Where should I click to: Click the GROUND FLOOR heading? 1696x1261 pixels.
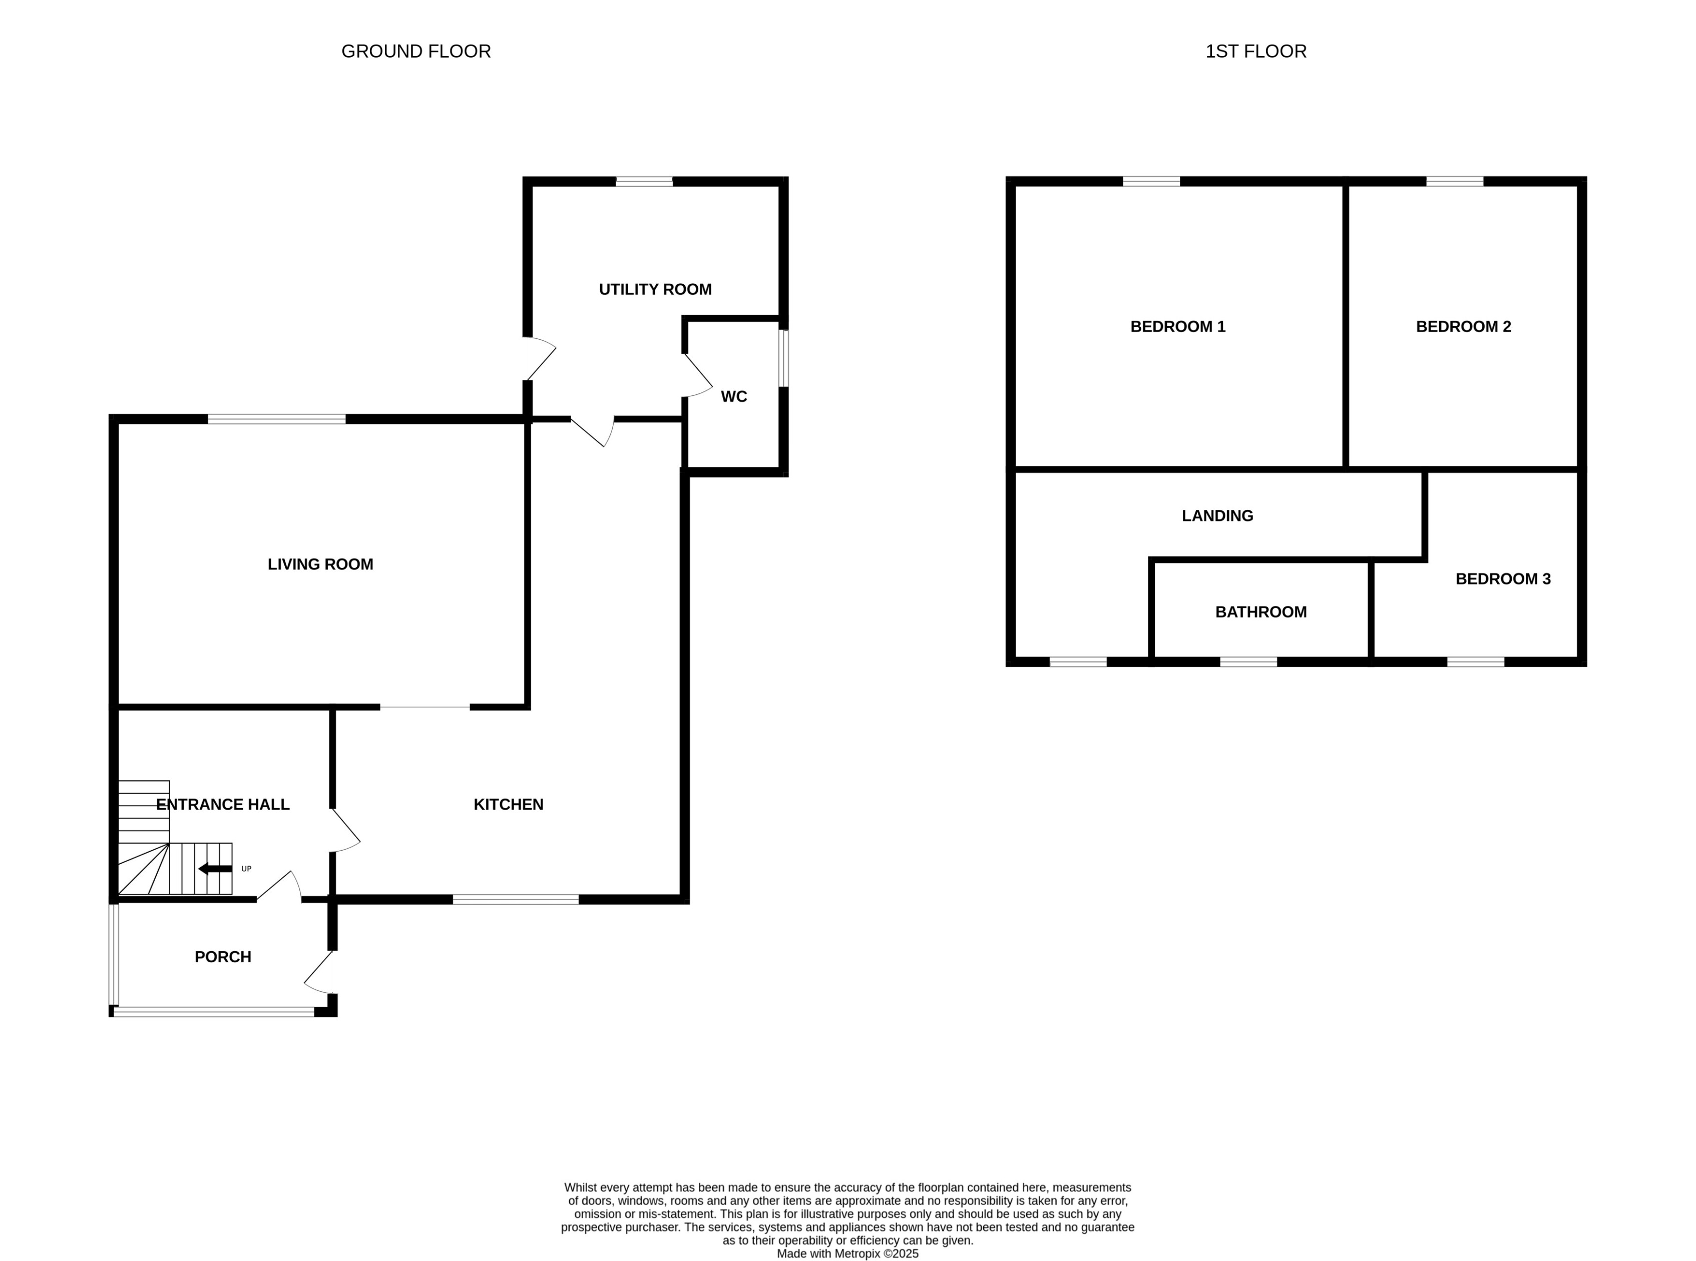point(415,51)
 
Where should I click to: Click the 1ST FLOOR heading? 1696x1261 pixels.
point(1255,51)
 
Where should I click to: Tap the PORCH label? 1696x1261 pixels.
point(222,956)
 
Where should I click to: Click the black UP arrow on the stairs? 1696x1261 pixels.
point(215,869)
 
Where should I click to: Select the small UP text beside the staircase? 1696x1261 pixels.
point(246,869)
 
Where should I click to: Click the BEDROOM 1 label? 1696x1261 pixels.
point(1177,327)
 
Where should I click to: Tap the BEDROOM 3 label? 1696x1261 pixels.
point(1502,578)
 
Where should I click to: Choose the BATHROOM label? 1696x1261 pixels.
point(1260,612)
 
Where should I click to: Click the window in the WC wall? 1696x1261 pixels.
point(783,358)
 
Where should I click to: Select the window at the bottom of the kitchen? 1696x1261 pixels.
point(516,899)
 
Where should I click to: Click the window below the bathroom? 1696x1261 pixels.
point(1248,661)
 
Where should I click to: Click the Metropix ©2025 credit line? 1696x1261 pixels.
point(847,1253)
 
